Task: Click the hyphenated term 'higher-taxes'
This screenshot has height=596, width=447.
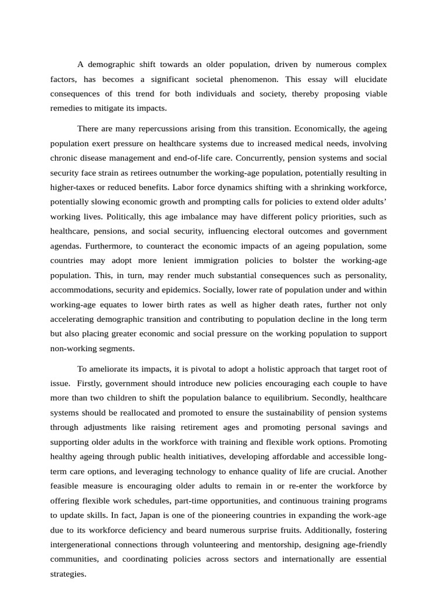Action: [73, 187]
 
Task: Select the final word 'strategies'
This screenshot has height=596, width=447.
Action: [68, 573]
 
